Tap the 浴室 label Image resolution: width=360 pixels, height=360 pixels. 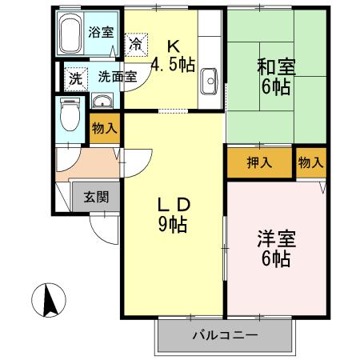pyautogui.click(x=101, y=33)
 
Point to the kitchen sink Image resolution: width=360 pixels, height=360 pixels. pyautogui.click(x=210, y=80)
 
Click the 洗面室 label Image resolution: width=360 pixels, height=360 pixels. pyautogui.click(x=117, y=78)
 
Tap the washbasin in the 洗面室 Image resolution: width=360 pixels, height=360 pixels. pyautogui.click(x=102, y=100)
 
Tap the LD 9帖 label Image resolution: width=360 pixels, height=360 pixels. pyautogui.click(x=173, y=214)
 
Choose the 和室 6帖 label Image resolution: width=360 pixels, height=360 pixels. pyautogui.click(x=276, y=76)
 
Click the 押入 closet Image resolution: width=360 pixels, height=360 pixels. pyautogui.click(x=259, y=162)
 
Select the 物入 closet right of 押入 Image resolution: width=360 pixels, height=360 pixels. pyautogui.click(x=310, y=162)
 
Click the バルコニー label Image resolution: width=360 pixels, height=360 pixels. pyautogui.click(x=224, y=335)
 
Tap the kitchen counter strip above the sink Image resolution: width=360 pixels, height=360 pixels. pyautogui.click(x=210, y=40)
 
